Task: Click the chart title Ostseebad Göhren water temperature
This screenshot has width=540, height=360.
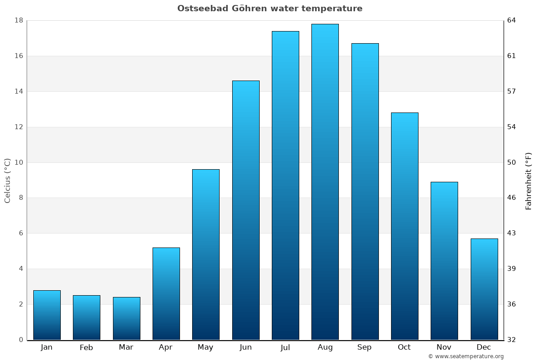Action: coord(270,9)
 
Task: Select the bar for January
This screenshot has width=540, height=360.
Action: coord(47,315)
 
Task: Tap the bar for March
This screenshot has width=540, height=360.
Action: coord(126,318)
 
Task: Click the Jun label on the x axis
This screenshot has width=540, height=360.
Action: coord(246,347)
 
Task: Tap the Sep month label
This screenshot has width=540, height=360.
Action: coord(364,347)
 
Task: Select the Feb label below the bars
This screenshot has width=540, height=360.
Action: coord(86,347)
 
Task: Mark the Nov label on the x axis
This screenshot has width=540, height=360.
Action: coord(444,347)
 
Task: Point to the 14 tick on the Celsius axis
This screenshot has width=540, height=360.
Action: coord(18,91)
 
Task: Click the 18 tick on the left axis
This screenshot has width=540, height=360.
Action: coord(18,20)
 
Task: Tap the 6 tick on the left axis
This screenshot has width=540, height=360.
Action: coord(21,233)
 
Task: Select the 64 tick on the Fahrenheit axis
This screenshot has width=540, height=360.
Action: coord(512,20)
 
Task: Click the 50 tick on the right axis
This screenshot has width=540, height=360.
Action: coord(512,162)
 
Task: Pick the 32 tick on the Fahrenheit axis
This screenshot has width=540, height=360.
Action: coord(512,340)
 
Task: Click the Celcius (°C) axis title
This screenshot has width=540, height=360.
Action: coord(7,180)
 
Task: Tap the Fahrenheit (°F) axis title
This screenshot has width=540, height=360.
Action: coord(529,180)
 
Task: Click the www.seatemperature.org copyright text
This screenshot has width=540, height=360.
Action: coord(466,356)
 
